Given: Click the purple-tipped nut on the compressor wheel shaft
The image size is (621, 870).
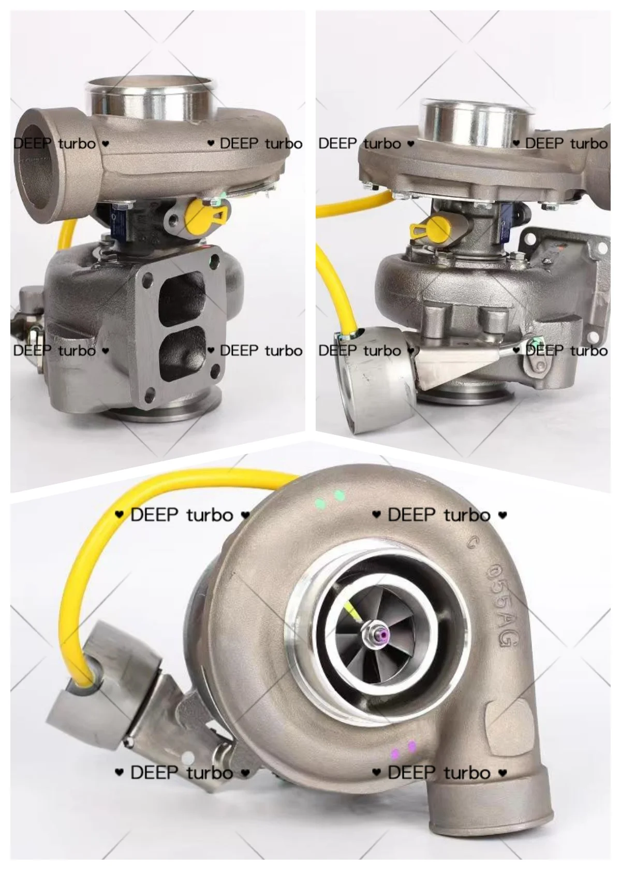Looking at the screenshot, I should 381,635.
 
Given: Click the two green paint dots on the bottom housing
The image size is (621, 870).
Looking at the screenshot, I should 331,498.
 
